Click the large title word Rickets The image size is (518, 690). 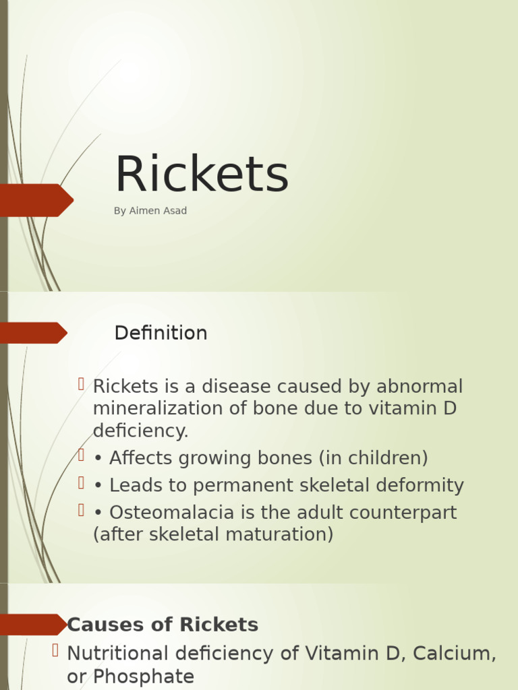point(201,175)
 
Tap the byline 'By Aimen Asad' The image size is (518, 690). point(150,211)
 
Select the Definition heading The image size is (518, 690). point(161,334)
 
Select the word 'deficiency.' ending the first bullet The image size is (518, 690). point(140,431)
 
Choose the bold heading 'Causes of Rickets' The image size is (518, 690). point(163,625)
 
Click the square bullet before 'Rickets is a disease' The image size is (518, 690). point(81,384)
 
